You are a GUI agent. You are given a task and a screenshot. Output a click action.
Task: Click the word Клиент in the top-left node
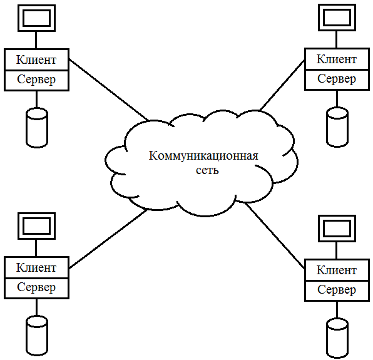point(36,59)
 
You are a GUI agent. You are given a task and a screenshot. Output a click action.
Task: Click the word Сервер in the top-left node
point(36,80)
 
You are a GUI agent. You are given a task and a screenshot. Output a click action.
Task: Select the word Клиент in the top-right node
point(336,59)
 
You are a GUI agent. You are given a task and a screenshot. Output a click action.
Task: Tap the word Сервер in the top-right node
point(336,79)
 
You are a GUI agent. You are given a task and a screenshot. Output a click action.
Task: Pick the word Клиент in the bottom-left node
point(36,267)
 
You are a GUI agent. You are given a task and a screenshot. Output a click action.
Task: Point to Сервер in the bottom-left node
point(36,287)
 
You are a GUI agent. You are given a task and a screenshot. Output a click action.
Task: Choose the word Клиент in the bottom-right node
point(336,270)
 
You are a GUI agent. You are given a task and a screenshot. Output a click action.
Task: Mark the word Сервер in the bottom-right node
point(336,290)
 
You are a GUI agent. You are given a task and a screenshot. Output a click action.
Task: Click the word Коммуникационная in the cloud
point(203,156)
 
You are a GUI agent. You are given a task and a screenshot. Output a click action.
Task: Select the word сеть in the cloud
point(207,170)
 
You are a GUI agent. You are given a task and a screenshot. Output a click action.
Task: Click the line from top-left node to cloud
point(108,90)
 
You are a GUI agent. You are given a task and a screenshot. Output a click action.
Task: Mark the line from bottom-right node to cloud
point(275,235)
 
